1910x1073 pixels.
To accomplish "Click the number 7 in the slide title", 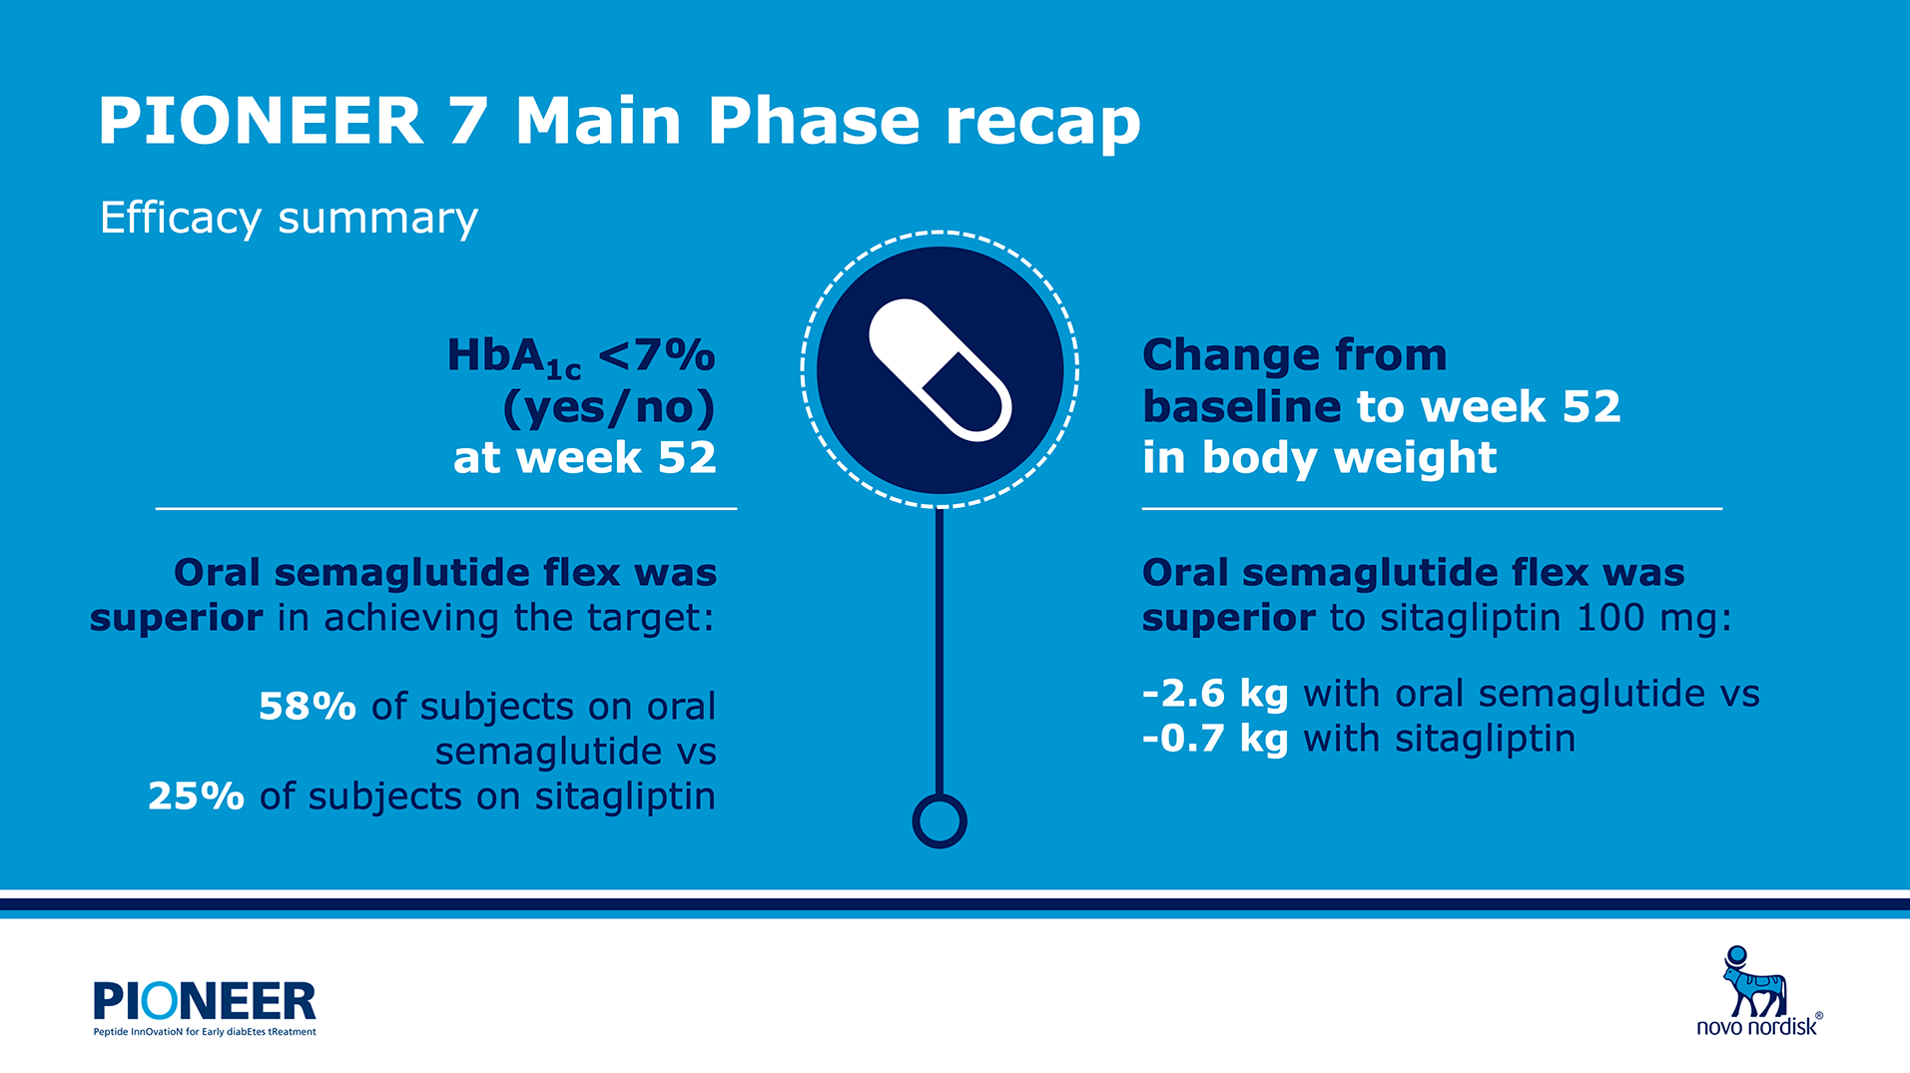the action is (468, 122).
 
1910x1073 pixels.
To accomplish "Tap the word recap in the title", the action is (1042, 126).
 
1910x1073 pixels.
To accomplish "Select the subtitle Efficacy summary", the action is (290, 219).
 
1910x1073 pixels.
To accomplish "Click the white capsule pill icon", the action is (941, 369).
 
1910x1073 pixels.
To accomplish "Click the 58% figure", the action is (308, 707).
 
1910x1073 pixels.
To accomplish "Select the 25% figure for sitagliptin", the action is (196, 797).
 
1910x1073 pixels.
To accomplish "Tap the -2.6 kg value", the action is (1215, 694).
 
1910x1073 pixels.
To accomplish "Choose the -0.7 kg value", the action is (1215, 739).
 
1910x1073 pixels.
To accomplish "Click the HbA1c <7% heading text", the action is (581, 357).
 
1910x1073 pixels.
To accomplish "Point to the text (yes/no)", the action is (609, 407).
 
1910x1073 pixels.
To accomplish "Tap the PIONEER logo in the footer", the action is (205, 1001).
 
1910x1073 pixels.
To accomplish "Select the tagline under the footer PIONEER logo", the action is (205, 1032).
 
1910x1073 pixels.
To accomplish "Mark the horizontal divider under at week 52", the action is (446, 509).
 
